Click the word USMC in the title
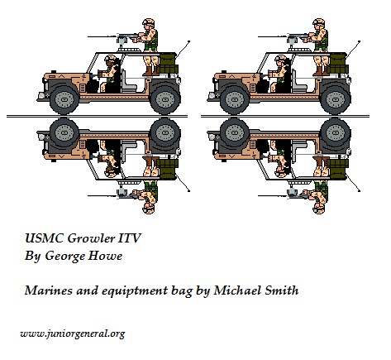pyautogui.click(x=44, y=238)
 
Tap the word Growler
pyautogui.click(x=91, y=238)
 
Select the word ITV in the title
pyautogui.click(x=130, y=238)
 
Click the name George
pyautogui.click(x=64, y=257)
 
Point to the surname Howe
pyautogui.click(x=105, y=256)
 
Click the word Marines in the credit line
pyautogui.click(x=49, y=290)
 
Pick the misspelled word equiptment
pyautogui.click(x=135, y=291)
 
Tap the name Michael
pyautogui.click(x=237, y=290)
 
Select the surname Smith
pyautogui.click(x=282, y=290)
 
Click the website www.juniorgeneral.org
pyautogui.click(x=73, y=334)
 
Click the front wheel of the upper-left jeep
pyautogui.click(x=64, y=99)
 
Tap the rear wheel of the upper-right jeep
pyautogui.click(x=336, y=99)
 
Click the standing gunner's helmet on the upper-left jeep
pyautogui.click(x=148, y=22)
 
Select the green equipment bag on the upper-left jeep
pyautogui.click(x=169, y=65)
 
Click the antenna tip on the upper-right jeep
pyautogui.click(x=359, y=41)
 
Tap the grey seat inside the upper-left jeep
pyautogui.click(x=127, y=82)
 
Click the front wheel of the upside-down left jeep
pyautogui.click(x=64, y=132)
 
